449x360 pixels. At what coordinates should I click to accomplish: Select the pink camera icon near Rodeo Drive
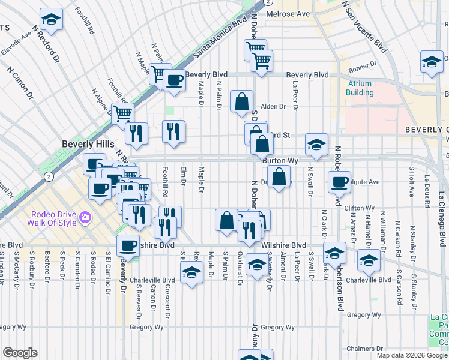[86, 216]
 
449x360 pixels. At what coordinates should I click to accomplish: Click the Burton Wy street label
[280, 161]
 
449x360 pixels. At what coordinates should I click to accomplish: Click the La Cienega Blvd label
[442, 219]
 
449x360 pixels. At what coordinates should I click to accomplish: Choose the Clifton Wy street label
[360, 208]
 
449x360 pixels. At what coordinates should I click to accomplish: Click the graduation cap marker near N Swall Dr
[316, 143]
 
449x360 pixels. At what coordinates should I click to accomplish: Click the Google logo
[20, 353]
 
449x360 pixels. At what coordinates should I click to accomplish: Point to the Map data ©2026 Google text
[411, 355]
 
